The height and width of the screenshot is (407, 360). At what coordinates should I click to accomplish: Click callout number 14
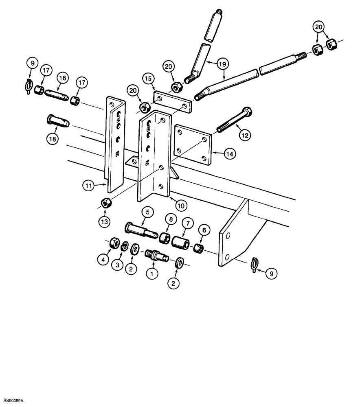230,153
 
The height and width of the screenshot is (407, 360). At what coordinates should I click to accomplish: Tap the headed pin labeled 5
140,229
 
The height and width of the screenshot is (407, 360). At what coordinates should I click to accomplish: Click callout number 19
223,64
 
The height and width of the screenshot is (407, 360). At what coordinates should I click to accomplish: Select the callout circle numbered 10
181,206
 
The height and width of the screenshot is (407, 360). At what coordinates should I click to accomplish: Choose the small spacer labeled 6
198,248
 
